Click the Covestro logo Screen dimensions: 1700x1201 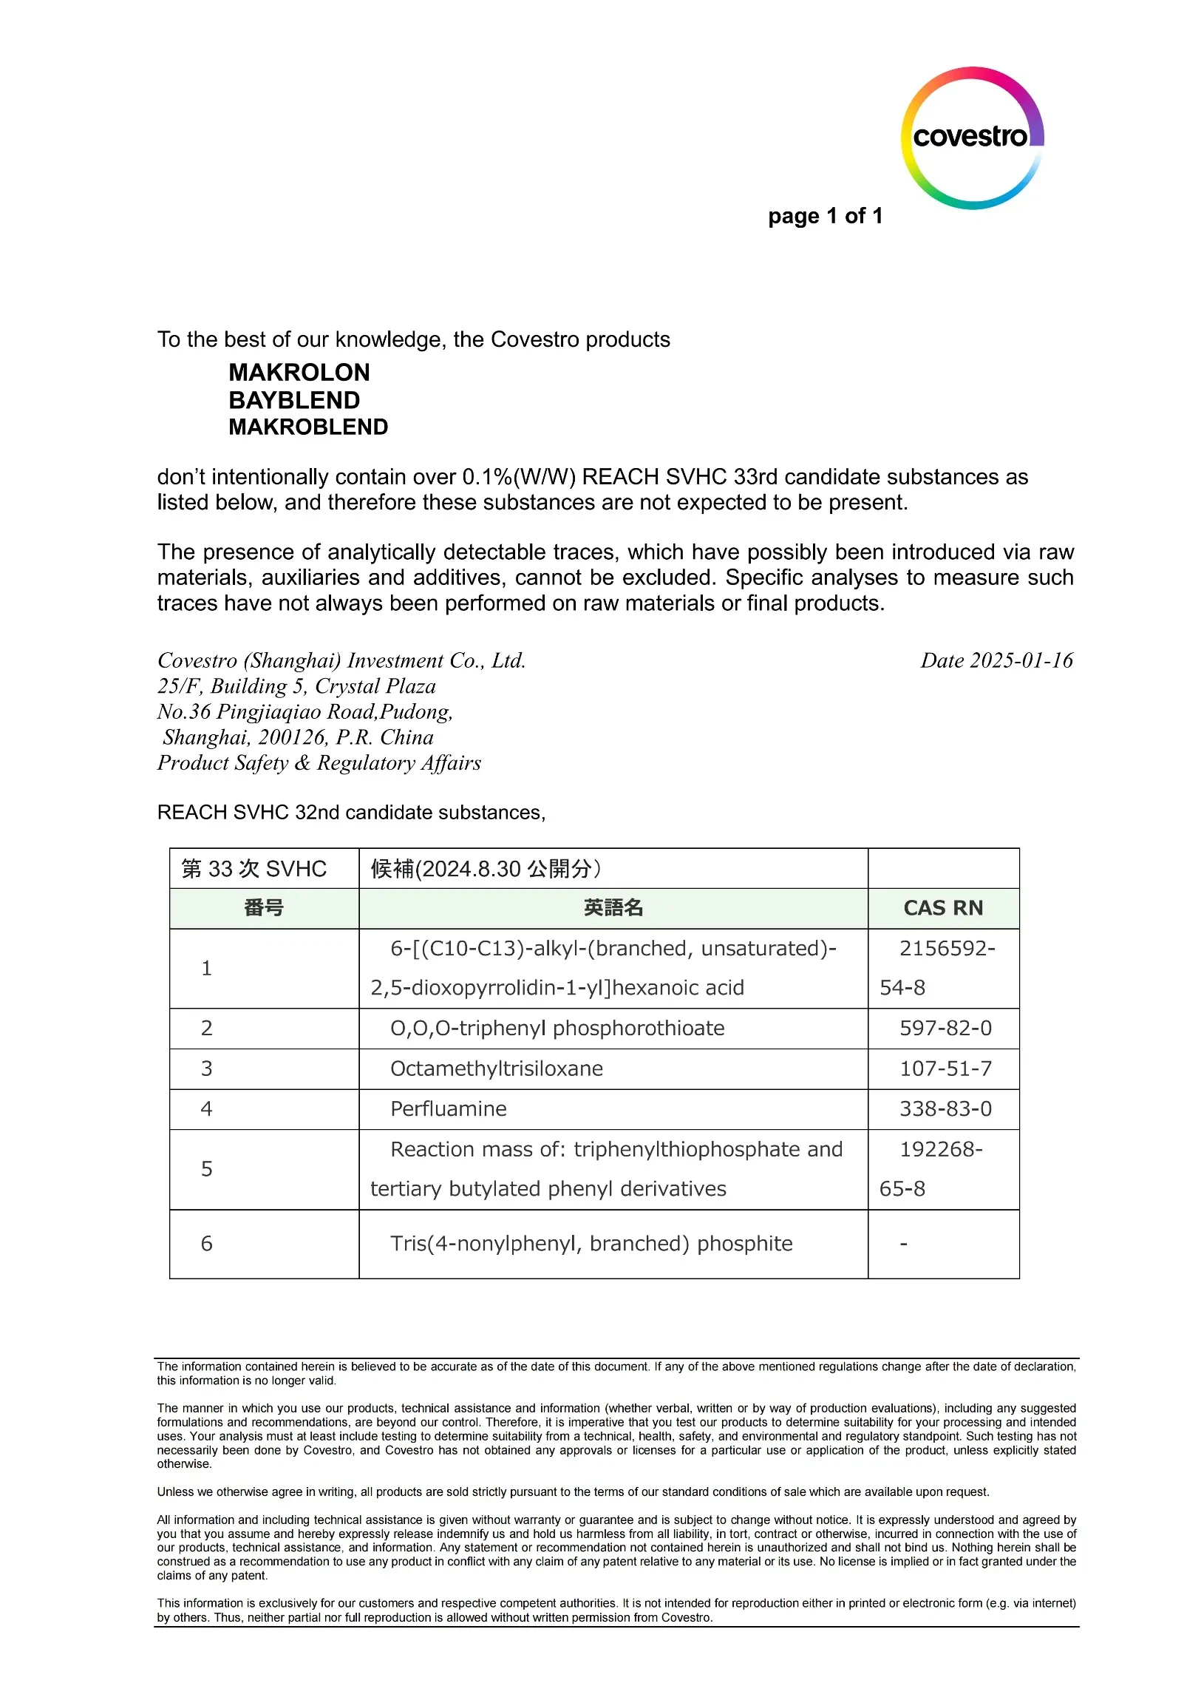972,138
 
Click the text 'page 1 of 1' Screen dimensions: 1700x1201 825,215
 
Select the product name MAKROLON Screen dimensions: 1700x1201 299,372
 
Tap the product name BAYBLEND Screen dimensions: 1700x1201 293,400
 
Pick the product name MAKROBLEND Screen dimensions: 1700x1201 308,427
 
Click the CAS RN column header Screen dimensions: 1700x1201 943,908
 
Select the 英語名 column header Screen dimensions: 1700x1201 613,908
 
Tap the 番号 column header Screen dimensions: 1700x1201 263,908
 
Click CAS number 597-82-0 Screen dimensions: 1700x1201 945,1028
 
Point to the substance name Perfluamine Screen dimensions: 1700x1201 449,1108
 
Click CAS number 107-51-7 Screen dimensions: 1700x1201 945,1069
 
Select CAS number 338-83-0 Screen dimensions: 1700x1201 945,1108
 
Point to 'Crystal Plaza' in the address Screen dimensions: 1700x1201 375,686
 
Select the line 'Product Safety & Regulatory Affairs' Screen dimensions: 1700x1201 319,762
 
